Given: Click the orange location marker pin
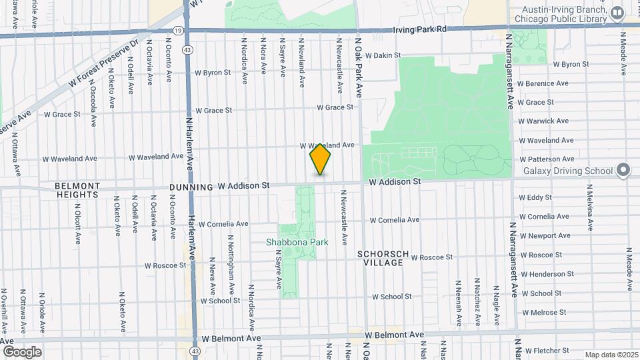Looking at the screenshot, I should (x=320, y=159).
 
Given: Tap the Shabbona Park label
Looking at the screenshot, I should (x=297, y=243).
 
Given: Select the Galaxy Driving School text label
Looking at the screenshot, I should (x=568, y=171).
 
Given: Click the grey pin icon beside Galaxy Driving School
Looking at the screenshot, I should (x=623, y=170).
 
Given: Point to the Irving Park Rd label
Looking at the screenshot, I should (x=419, y=29).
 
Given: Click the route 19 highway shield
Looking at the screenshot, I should (x=177, y=31).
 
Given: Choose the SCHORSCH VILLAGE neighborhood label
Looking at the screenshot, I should (x=380, y=258).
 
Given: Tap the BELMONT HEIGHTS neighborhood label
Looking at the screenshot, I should (x=77, y=190).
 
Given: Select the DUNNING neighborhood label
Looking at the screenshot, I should (x=190, y=187).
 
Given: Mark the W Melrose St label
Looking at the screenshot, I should (x=545, y=312).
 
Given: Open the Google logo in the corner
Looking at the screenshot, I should (x=22, y=351).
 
